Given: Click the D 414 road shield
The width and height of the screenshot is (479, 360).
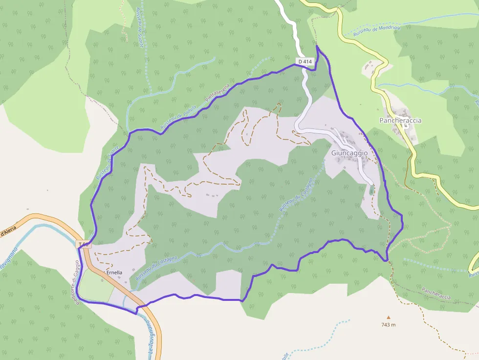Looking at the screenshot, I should click(x=305, y=62).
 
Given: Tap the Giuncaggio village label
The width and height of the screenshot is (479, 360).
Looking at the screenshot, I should click(x=349, y=153).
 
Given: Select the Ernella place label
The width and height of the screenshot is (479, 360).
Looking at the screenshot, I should click(x=114, y=273).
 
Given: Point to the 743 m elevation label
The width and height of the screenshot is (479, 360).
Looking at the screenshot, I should click(x=389, y=324).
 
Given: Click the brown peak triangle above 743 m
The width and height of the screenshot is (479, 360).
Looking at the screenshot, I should click(x=389, y=317).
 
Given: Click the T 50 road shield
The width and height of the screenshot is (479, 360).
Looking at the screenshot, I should click(x=84, y=244).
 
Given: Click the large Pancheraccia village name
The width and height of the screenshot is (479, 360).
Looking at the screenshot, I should click(x=400, y=120).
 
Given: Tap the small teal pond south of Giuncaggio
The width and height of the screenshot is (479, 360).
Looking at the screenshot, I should click(x=372, y=190).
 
